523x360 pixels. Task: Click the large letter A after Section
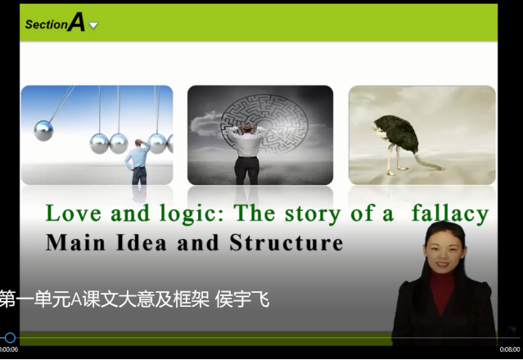pyautogui.click(x=76, y=22)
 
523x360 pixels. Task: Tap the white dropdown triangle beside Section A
pyautogui.click(x=93, y=25)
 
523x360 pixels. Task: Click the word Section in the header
pyautogui.click(x=47, y=25)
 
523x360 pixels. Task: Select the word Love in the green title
pyautogui.click(x=73, y=213)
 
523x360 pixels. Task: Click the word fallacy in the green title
pyautogui.click(x=450, y=214)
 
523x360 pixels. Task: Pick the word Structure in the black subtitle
pyautogui.click(x=286, y=242)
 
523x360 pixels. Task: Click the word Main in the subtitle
pyautogui.click(x=75, y=242)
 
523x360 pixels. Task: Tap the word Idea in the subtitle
pyautogui.click(x=141, y=242)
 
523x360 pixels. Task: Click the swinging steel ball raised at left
pyautogui.click(x=43, y=130)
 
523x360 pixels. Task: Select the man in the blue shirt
pyautogui.click(x=138, y=162)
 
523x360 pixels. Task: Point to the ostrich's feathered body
pyautogui.click(x=397, y=132)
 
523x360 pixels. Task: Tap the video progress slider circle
pyautogui.click(x=10, y=338)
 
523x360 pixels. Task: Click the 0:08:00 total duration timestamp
pyautogui.click(x=510, y=349)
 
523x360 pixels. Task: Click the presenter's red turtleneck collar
pyautogui.click(x=443, y=277)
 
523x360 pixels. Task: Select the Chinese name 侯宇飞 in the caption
pyautogui.click(x=242, y=299)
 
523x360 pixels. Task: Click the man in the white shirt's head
pyautogui.click(x=247, y=128)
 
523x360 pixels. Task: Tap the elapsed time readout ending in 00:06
pyautogui.click(x=9, y=349)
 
